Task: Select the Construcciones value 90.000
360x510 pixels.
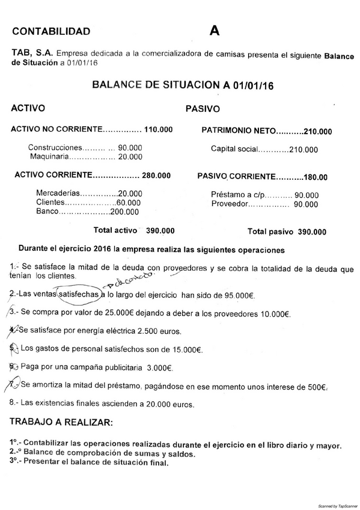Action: point(130,147)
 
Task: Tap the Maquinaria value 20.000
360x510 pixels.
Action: point(130,157)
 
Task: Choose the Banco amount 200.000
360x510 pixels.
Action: point(125,212)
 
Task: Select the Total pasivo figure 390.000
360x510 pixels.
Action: point(313,232)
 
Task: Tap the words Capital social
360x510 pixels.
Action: point(235,149)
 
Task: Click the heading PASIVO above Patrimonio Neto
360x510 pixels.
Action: point(203,109)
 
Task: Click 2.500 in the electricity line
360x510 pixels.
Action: point(150,331)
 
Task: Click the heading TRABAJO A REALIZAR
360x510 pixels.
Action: point(61,422)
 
